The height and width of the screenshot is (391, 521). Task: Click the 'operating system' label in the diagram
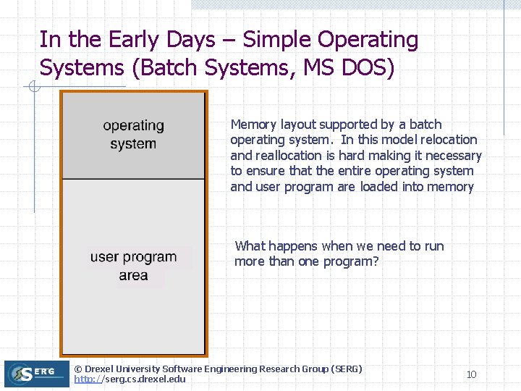[x=133, y=135]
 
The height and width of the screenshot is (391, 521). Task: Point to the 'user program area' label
[x=133, y=266]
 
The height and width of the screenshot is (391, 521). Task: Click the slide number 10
[x=471, y=374]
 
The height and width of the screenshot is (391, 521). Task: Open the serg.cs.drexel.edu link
[x=130, y=379]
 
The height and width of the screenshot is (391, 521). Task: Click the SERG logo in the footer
[x=36, y=374]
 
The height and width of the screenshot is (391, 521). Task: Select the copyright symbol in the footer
[x=78, y=369]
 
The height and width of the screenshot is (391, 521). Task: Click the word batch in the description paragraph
[x=425, y=125]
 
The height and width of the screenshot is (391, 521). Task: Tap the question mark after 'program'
[x=375, y=261]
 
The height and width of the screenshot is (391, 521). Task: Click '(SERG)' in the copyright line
[x=346, y=369]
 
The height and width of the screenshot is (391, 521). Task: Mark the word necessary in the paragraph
[x=454, y=156]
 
